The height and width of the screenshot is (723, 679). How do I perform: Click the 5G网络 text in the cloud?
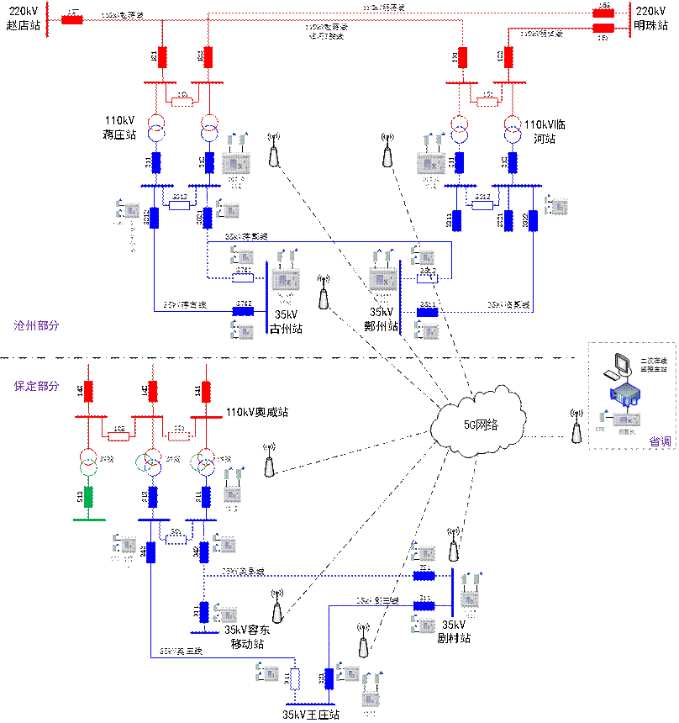point(481,425)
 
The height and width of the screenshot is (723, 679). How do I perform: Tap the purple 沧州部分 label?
point(36,325)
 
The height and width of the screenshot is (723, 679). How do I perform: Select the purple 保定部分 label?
point(36,387)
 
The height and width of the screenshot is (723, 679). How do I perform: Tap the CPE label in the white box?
point(600,429)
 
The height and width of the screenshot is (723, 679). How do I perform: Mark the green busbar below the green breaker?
point(89,520)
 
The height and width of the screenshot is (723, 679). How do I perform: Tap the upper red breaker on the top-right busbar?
point(603,13)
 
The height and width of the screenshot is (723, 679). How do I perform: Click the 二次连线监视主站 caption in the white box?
point(653,363)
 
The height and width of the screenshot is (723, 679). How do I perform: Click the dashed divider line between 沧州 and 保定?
point(252,360)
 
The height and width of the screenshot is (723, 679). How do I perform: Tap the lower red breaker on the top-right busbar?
point(603,28)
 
